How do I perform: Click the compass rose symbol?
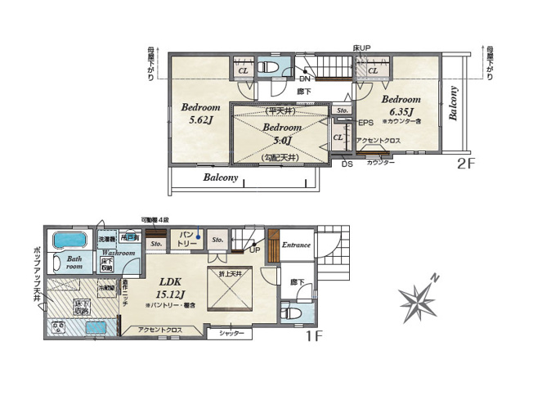click(x=423, y=299)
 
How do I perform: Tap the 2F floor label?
click(x=466, y=163)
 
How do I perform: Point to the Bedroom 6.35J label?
click(x=401, y=106)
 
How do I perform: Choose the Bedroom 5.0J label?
click(x=282, y=133)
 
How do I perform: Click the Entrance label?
click(x=296, y=245)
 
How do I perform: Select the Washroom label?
click(x=119, y=254)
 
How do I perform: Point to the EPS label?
click(x=365, y=123)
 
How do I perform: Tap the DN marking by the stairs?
click(x=304, y=79)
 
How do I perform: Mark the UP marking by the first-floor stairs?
click(x=256, y=250)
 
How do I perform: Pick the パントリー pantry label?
click(x=186, y=238)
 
